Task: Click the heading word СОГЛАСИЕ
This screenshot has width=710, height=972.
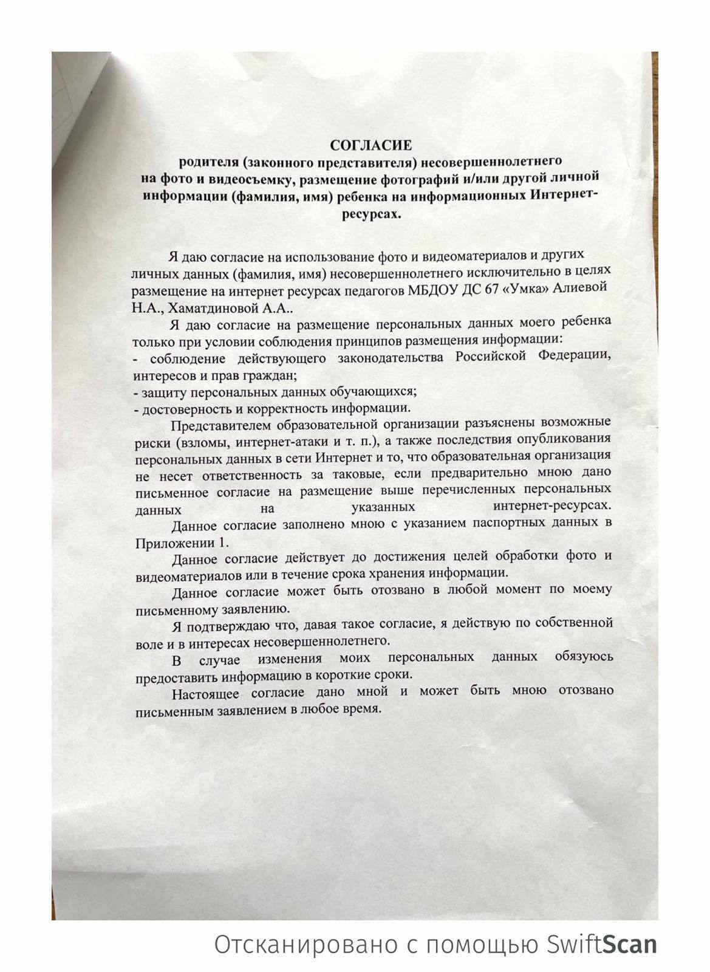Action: (370, 146)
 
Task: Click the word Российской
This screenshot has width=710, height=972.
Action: (490, 356)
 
